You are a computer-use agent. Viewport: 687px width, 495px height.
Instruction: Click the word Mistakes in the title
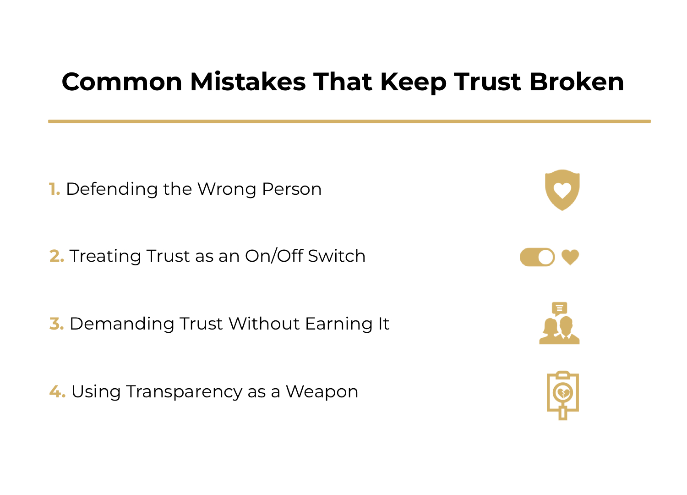click(x=248, y=82)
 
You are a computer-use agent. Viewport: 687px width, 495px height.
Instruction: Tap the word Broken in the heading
click(x=576, y=82)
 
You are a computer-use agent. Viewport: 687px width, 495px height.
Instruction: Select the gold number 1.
click(x=55, y=189)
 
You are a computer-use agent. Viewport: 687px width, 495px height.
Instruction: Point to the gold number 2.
click(x=56, y=256)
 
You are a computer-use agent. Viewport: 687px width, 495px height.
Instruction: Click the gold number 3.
click(x=56, y=324)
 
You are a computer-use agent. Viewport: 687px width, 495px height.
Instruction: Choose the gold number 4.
click(x=57, y=391)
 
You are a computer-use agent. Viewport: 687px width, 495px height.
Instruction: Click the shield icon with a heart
click(x=562, y=190)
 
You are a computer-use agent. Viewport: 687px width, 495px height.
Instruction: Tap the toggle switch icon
click(x=537, y=257)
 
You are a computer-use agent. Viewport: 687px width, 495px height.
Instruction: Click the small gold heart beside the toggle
click(x=570, y=257)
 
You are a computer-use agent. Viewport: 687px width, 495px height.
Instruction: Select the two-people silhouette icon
click(x=559, y=331)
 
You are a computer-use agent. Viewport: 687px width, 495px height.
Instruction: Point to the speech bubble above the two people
click(x=559, y=308)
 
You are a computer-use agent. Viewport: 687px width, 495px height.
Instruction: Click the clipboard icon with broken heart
click(x=563, y=395)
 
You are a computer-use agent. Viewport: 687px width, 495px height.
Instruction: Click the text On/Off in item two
click(x=274, y=256)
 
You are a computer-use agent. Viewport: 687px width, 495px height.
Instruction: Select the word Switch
click(x=337, y=256)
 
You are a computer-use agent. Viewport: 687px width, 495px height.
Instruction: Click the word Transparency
click(x=184, y=392)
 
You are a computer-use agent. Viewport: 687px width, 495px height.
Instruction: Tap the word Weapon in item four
click(x=322, y=392)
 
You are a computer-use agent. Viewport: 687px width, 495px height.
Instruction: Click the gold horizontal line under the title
click(x=349, y=121)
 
